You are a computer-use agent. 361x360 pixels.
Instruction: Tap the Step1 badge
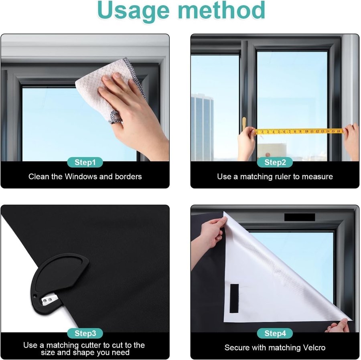pos(85,162)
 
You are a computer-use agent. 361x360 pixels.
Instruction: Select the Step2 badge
pos(275,162)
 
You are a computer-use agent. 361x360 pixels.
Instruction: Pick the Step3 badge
pos(85,333)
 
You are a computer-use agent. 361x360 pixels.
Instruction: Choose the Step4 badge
pos(275,333)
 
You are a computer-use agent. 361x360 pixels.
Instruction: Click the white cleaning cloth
pos(108,87)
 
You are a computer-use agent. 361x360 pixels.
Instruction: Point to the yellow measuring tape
pos(299,131)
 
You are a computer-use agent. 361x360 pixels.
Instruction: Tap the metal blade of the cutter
pos(49,299)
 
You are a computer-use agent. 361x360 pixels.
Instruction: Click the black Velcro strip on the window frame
pos(300,217)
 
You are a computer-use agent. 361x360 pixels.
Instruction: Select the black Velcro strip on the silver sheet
pos(234,298)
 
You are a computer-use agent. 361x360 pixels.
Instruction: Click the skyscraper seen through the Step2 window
pos(202,127)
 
